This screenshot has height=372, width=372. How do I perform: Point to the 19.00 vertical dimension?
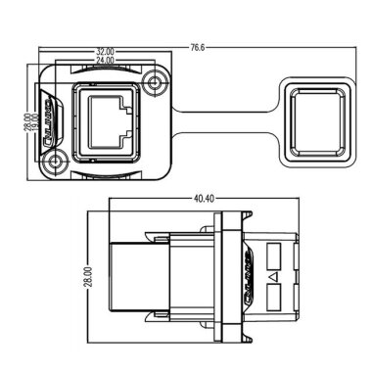click(35, 124)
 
